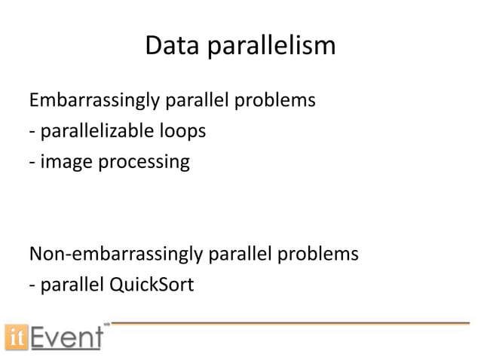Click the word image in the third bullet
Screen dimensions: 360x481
click(62, 162)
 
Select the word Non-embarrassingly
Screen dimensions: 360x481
click(113, 255)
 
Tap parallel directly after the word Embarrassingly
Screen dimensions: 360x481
click(191, 100)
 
